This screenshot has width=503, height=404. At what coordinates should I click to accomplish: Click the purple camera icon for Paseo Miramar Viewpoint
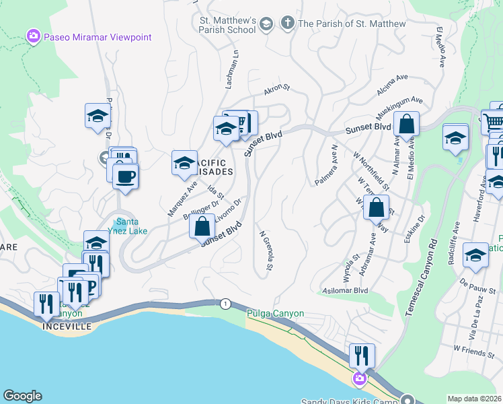(32, 37)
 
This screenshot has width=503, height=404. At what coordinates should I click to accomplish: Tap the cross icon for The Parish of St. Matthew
(287, 24)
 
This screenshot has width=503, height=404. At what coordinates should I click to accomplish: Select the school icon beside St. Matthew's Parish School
(266, 24)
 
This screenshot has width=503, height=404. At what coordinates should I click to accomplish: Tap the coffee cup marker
(125, 177)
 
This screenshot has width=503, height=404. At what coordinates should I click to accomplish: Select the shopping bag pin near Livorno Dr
(202, 227)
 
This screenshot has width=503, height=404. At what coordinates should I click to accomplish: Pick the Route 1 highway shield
(224, 304)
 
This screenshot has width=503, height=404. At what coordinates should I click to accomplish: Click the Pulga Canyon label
(276, 314)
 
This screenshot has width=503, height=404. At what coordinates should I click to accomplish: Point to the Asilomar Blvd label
(346, 290)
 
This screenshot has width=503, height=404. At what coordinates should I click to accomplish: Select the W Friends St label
(474, 349)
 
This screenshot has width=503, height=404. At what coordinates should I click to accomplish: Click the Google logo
(23, 396)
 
